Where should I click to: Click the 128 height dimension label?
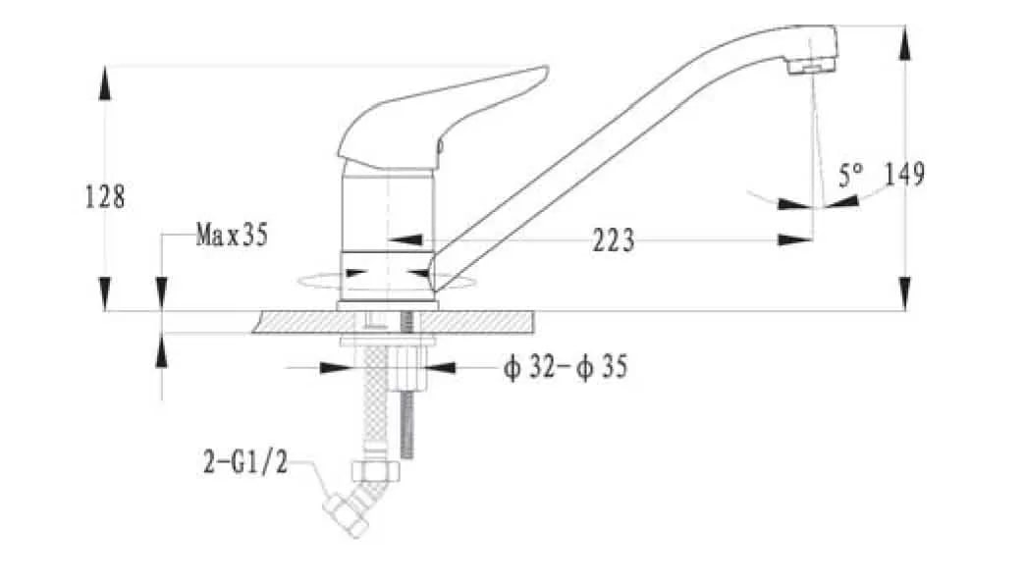point(105,196)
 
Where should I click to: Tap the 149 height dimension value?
point(905,174)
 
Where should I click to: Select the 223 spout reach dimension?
point(613,240)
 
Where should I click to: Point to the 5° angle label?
point(850,175)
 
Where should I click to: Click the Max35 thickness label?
point(233,235)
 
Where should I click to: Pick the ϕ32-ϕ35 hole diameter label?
point(566,367)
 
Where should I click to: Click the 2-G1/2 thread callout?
point(244,462)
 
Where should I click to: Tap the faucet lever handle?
point(443,118)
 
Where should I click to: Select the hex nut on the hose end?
point(376,471)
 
